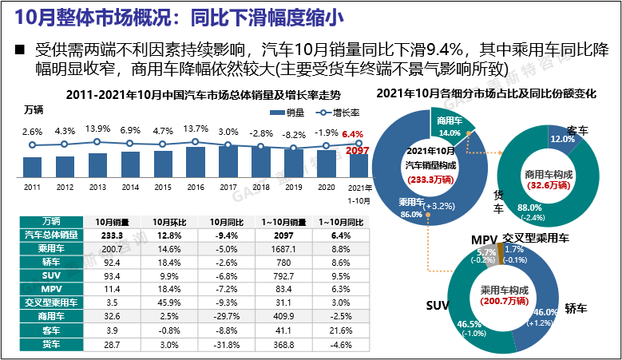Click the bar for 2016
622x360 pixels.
(195, 161)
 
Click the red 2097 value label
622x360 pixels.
(358, 150)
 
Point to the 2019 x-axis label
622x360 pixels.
(293, 187)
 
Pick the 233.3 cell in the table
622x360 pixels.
(108, 235)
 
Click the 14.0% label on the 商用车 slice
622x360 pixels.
(449, 133)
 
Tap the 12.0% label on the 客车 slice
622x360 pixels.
(562, 139)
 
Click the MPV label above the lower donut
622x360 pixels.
(484, 239)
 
